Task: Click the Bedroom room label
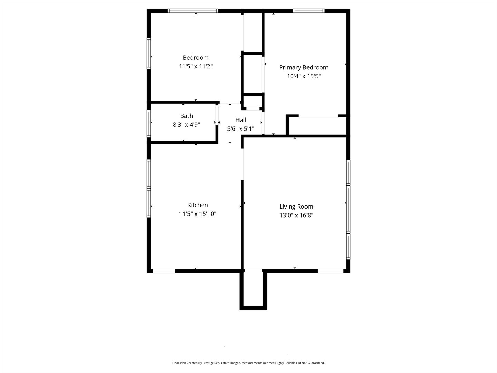click(x=196, y=58)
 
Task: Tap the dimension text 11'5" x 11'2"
click(x=196, y=66)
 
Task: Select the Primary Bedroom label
click(x=304, y=68)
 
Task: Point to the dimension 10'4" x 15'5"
click(x=304, y=76)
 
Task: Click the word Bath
click(x=186, y=116)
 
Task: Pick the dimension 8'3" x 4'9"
click(x=186, y=125)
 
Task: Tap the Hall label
click(x=241, y=120)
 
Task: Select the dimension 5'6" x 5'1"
click(x=241, y=129)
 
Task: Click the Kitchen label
click(x=197, y=205)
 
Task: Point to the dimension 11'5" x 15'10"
click(x=197, y=214)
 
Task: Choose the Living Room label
click(x=296, y=207)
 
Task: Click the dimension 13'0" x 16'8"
click(x=296, y=216)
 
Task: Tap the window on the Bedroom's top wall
click(x=193, y=11)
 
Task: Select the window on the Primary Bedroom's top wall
click(x=309, y=11)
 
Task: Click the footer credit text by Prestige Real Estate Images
click(x=248, y=363)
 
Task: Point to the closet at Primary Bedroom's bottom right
click(x=317, y=126)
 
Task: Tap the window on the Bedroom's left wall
click(x=149, y=53)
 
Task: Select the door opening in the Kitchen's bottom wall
click(x=164, y=271)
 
